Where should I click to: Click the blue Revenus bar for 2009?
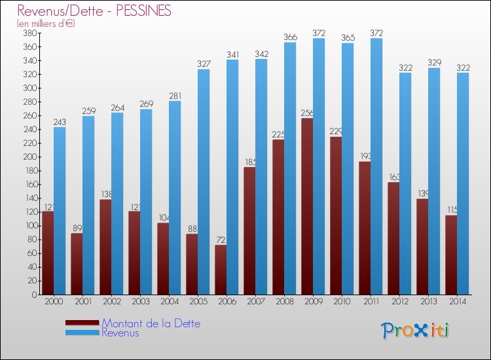(319, 167)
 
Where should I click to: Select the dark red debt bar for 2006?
(221, 270)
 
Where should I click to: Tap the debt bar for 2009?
(306, 207)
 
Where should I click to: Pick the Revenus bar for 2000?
(60, 211)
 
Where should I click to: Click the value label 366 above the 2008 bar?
(290, 37)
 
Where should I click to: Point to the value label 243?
(60, 122)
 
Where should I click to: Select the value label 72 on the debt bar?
(221, 240)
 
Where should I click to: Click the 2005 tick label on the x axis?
(198, 302)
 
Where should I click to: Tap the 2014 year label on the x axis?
(457, 302)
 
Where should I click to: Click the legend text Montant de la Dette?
(151, 323)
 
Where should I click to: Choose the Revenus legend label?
(120, 333)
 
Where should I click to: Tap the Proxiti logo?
(416, 331)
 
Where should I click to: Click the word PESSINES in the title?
(141, 11)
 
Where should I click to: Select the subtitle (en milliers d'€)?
(46, 24)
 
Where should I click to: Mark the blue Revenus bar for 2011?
(376, 167)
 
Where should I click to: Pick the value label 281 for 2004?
(175, 97)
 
